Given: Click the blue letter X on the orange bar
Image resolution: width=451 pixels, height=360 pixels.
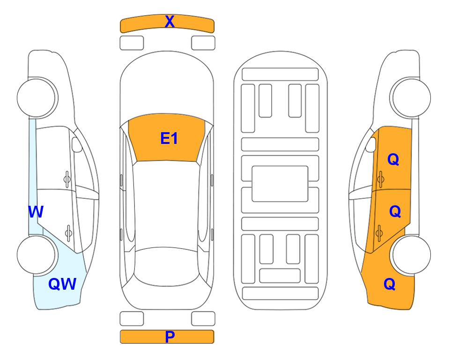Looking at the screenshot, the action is [x=170, y=22].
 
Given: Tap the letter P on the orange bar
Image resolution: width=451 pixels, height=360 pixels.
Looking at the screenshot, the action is [x=170, y=337].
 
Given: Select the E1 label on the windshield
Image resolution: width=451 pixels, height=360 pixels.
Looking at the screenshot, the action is [x=169, y=138].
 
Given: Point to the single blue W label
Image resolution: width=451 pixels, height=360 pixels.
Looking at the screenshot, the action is [x=36, y=212].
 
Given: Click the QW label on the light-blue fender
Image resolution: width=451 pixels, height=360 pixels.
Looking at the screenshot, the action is [x=62, y=284].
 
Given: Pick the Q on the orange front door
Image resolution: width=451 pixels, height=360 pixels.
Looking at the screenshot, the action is [x=393, y=159].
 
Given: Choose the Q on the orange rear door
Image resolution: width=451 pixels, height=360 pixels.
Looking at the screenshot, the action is [x=395, y=212].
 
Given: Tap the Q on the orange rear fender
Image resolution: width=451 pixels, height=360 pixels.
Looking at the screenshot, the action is [x=390, y=284].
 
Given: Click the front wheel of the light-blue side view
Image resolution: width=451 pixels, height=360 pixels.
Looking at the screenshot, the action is [x=37, y=97].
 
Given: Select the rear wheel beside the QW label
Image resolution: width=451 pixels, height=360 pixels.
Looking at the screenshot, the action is [x=37, y=255].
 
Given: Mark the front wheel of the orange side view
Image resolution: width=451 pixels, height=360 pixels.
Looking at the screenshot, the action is [x=410, y=97].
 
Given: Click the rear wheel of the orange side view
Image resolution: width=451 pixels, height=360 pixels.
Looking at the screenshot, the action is [x=411, y=255].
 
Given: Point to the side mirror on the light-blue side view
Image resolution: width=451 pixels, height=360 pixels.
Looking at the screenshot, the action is [x=76, y=144].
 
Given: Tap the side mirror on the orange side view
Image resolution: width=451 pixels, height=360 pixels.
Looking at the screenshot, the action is [x=371, y=144].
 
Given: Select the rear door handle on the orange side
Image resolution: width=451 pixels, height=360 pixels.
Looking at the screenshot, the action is [x=379, y=232].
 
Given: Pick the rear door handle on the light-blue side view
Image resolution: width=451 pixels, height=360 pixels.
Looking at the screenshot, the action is [x=68, y=232].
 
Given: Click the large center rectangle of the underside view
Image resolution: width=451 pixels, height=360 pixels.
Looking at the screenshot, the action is [x=280, y=184].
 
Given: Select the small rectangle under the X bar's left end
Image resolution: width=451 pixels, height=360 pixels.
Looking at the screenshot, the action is [x=132, y=43].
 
